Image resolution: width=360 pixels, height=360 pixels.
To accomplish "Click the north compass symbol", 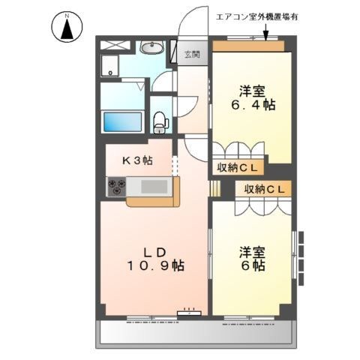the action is click(67, 27).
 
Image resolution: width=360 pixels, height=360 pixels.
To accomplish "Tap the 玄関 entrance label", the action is click(192, 54).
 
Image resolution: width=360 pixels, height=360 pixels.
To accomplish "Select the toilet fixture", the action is click(160, 122).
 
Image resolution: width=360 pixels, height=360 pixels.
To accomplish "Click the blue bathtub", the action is click(122, 121).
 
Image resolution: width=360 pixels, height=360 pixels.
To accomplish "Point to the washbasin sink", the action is click(151, 46).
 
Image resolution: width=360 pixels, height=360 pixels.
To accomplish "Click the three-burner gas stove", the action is click(117, 187).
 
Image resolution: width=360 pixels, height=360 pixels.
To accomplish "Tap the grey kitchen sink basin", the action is click(154, 187).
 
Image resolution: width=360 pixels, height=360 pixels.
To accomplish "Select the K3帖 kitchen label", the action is click(137, 160).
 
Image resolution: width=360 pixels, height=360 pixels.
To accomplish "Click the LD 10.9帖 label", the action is click(156, 259).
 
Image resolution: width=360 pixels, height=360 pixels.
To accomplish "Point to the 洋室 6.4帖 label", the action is click(253, 97).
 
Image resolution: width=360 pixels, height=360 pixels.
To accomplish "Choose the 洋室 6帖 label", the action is click(252, 259).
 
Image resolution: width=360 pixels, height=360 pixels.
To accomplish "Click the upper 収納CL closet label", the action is click(237, 168).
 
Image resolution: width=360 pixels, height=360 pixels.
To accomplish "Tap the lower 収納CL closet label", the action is click(265, 189).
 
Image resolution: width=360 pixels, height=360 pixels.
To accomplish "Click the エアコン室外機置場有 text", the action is click(256, 17).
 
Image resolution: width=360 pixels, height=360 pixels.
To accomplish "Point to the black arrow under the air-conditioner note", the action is click(265, 31).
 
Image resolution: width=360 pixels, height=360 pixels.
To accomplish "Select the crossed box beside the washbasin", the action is click(115, 45).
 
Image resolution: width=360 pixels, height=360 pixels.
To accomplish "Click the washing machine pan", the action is click(109, 65).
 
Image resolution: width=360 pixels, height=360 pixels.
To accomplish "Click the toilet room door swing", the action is click(187, 107).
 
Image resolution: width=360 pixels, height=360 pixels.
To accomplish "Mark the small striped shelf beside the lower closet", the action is click(215, 188).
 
